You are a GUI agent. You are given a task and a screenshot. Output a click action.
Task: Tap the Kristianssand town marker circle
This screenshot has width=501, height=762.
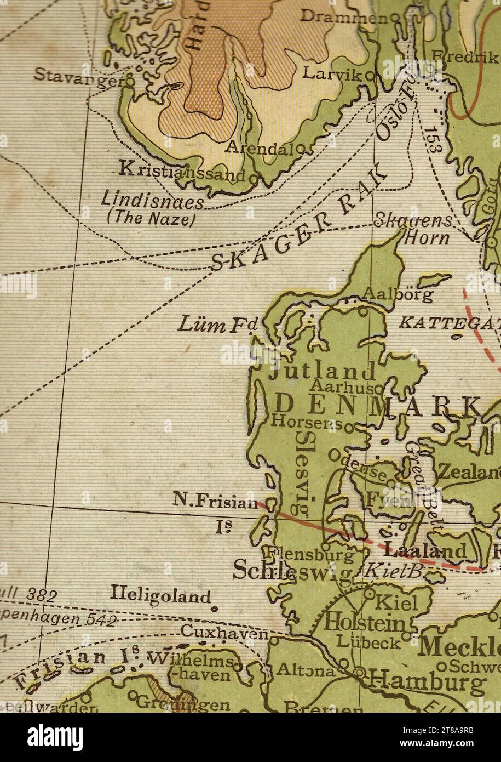click(252, 178)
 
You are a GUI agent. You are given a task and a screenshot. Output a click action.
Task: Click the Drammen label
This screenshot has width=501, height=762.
click(342, 17)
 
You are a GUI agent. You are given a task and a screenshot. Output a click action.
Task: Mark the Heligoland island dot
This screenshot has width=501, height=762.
click(214, 608)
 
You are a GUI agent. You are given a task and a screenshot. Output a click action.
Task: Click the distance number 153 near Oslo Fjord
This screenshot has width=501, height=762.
click(434, 139)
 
